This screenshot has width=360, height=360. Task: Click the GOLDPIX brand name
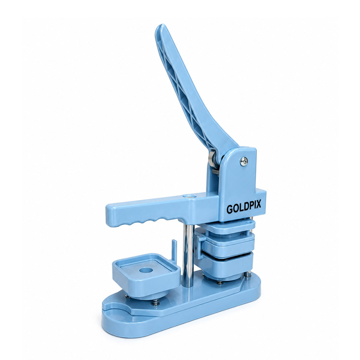pos(244,208)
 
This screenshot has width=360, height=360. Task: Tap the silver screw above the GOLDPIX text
pos(244,161)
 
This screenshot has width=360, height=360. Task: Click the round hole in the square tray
pos(145,270)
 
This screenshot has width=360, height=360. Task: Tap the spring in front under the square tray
pos(156,302)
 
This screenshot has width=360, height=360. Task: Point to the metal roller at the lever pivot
pos(212,158)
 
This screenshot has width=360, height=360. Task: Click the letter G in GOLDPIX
pos(229,209)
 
